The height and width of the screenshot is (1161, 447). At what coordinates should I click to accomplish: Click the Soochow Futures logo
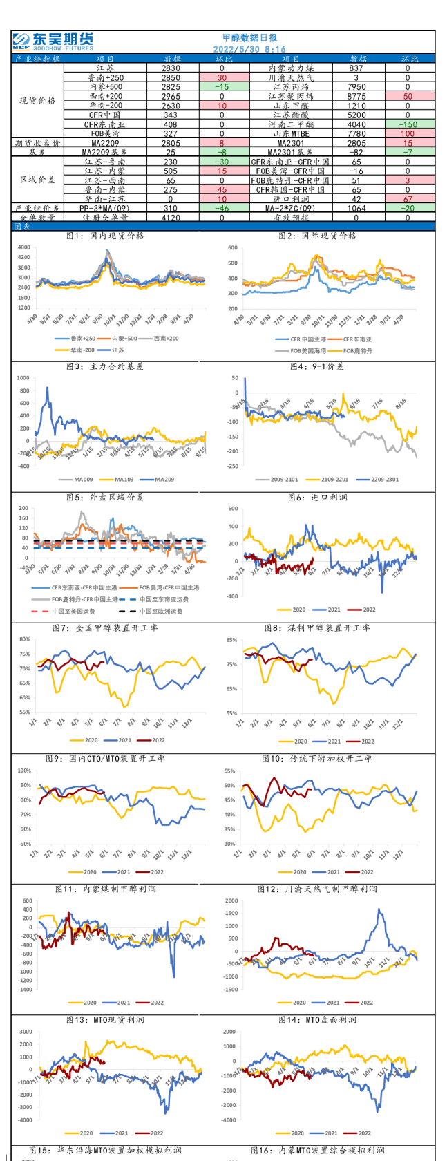[x=53, y=41]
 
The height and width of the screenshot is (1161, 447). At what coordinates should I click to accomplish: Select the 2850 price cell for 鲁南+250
[x=171, y=78]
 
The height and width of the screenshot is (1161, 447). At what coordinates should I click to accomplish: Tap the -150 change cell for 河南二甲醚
[x=407, y=124]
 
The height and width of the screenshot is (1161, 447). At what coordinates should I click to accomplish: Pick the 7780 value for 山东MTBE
[x=358, y=133]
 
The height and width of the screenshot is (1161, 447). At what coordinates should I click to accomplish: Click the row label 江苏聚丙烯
[x=291, y=97]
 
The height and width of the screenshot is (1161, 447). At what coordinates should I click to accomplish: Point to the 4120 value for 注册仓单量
[x=171, y=218]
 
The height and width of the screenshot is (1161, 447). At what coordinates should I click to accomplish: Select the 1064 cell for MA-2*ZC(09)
[x=358, y=208]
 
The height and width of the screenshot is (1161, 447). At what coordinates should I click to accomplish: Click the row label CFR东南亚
[x=106, y=124]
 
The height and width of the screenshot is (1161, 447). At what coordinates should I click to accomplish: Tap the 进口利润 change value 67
[x=407, y=199]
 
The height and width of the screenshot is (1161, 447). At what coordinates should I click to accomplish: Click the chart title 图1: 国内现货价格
[x=106, y=236]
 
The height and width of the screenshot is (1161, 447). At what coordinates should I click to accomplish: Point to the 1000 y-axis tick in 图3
[x=23, y=379]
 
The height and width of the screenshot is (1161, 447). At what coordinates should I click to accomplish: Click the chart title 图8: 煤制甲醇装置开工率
[x=317, y=628]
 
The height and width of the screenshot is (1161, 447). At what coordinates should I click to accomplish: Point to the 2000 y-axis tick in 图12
[x=231, y=901]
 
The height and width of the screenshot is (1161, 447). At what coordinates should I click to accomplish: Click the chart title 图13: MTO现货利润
[x=106, y=1020]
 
